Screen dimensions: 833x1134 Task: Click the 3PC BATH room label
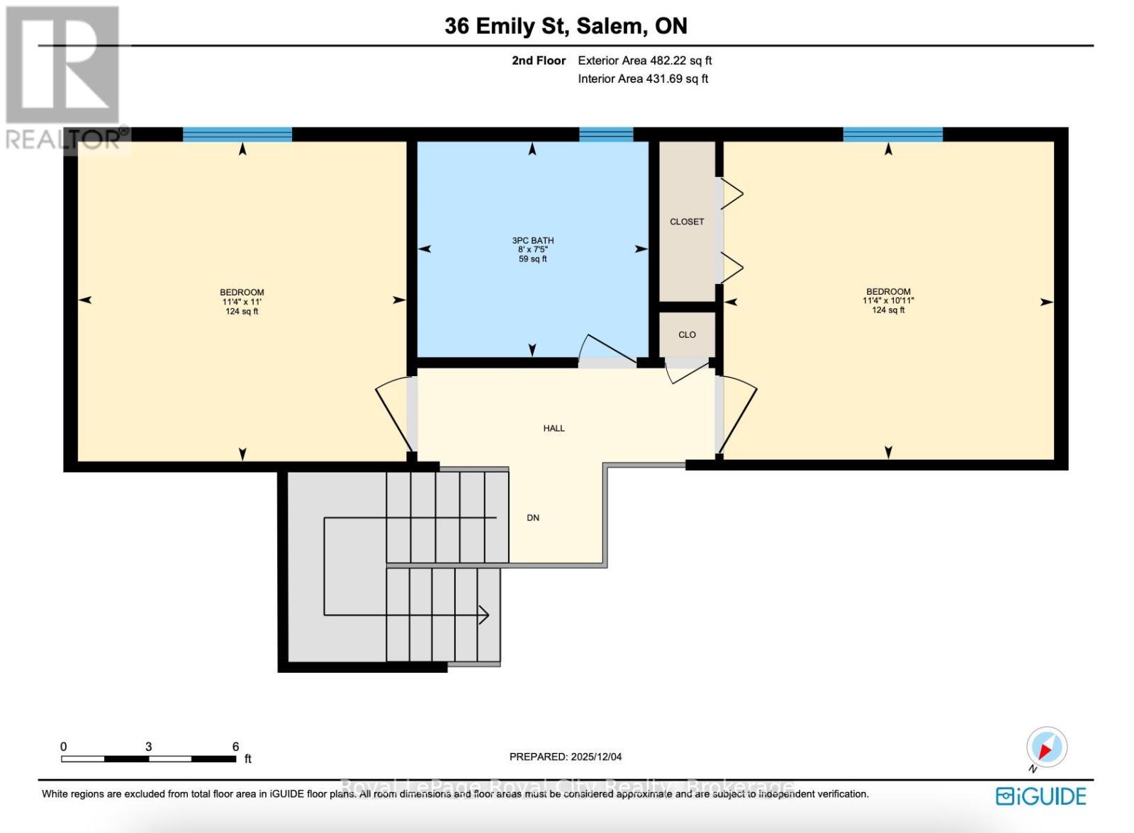(532, 241)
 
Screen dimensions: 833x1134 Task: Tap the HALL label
(554, 428)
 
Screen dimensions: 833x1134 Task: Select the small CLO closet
(687, 334)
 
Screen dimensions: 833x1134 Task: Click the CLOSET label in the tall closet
(687, 222)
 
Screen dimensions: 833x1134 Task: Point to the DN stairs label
(533, 518)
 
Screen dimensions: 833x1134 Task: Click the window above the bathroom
(606, 135)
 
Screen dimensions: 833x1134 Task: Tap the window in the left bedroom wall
(237, 135)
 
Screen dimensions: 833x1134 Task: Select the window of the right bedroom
(892, 135)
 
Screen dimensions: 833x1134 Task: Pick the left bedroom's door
(392, 418)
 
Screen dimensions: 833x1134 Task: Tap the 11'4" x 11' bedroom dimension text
(242, 302)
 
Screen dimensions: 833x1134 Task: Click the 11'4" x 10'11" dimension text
(888, 301)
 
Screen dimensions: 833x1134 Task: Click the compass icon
(1046, 747)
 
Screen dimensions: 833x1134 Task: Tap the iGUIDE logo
(1040, 796)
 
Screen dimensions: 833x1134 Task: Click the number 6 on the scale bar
(235, 747)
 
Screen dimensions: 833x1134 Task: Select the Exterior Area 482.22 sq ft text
(644, 61)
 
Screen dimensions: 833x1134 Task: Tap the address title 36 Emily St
(507, 26)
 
